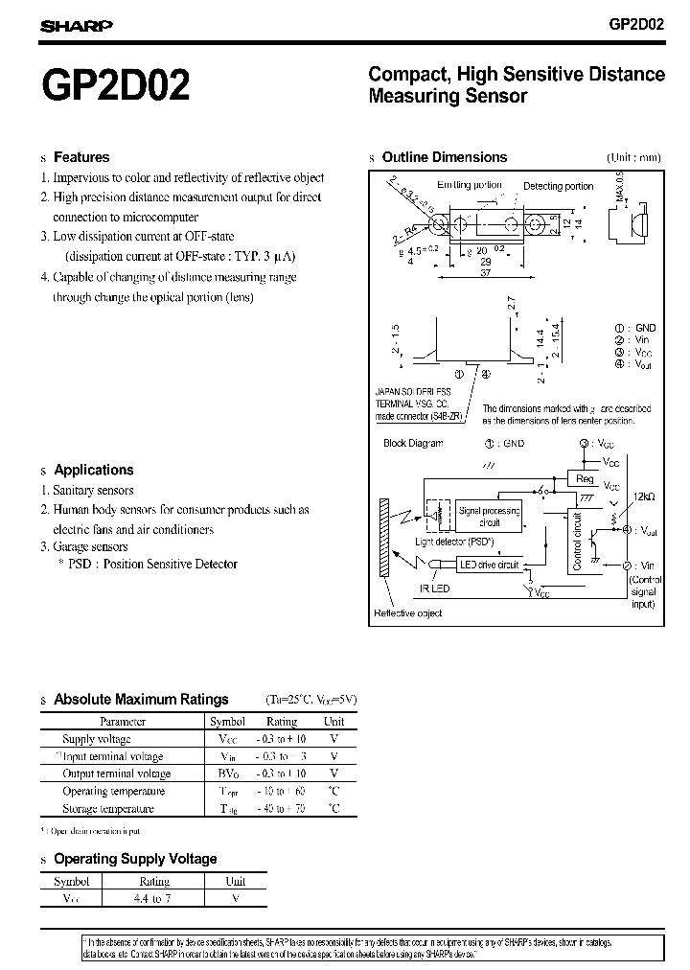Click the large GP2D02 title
(x=114, y=86)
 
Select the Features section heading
(x=81, y=157)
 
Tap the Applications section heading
(x=93, y=470)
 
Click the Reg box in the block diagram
(x=585, y=478)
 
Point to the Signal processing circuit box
(x=489, y=518)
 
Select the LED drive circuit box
(x=489, y=566)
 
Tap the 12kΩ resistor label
(x=642, y=497)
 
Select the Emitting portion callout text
(x=469, y=185)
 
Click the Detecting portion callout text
(x=558, y=186)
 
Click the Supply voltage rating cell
(x=281, y=739)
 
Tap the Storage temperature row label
(x=107, y=809)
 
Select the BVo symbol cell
(x=227, y=774)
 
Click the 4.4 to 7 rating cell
(x=154, y=899)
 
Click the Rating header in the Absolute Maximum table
(x=281, y=721)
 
